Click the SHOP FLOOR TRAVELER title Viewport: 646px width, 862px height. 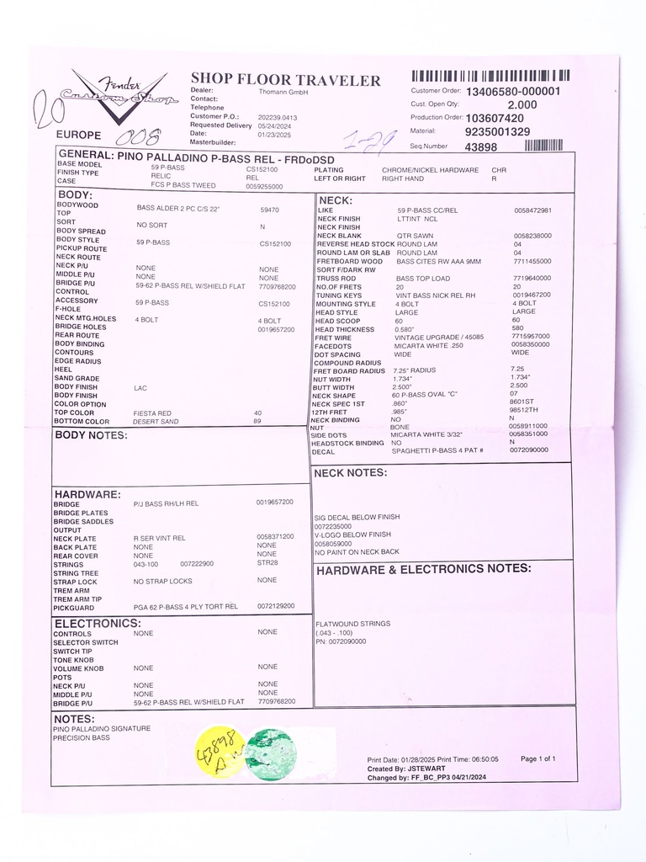point(285,81)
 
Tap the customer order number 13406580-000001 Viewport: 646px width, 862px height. point(512,91)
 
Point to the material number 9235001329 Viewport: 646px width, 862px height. point(497,132)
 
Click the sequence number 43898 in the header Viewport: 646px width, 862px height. point(481,146)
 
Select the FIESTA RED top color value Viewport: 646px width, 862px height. point(153,413)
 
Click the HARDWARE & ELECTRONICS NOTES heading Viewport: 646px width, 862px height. point(423,570)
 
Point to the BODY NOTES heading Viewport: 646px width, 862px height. point(91,436)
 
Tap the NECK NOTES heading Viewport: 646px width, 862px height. point(350,474)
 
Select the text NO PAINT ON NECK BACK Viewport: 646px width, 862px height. point(357,553)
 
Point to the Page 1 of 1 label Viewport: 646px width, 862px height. point(537,759)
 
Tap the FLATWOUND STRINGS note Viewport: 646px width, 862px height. point(352,624)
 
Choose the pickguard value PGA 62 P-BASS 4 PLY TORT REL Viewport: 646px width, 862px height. point(185,606)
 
